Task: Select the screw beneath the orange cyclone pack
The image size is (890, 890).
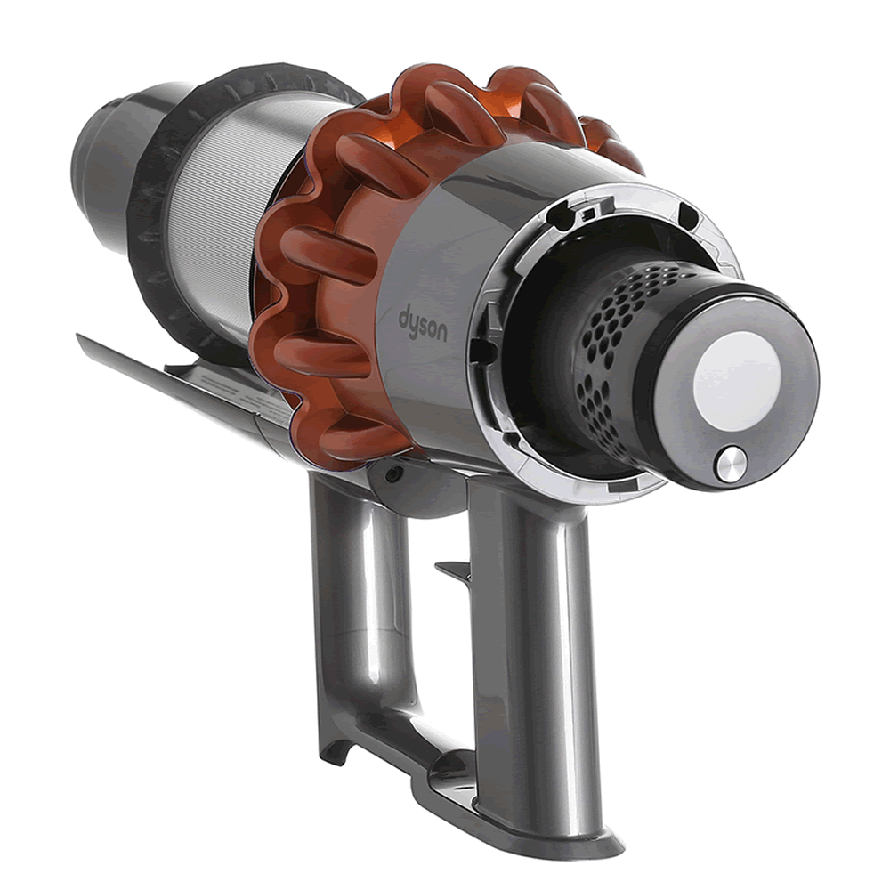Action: pos(392,475)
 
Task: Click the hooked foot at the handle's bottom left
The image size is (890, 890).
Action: pos(333,752)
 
